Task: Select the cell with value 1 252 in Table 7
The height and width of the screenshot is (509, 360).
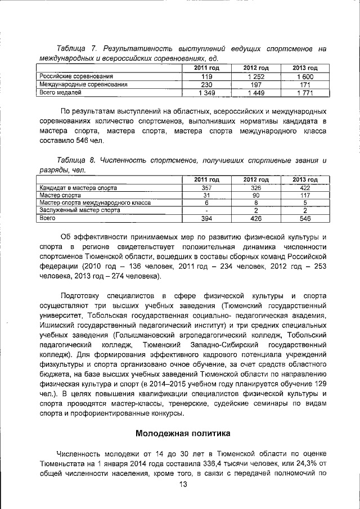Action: (257, 76)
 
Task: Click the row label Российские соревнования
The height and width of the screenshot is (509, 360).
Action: (75, 76)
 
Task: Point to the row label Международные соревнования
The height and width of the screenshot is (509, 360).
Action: (82, 84)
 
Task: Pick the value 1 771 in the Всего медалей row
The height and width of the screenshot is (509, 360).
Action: (306, 93)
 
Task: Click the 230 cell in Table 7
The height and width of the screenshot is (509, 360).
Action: (206, 85)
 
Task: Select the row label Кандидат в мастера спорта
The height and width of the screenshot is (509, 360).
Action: (78, 187)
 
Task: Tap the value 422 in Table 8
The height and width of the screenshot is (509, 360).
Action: (306, 187)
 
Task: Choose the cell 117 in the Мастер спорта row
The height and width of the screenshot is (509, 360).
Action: (306, 195)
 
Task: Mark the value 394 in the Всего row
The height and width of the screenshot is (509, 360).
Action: (206, 218)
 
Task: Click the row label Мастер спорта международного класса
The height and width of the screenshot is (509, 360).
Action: (93, 202)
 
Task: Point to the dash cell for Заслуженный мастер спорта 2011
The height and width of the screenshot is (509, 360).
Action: (206, 210)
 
